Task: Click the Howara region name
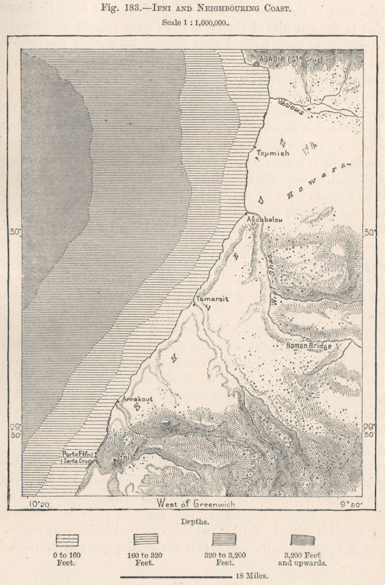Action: pos(316,178)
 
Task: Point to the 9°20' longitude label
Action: pos(347,503)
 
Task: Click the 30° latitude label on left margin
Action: pos(15,232)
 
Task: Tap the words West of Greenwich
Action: pos(193,504)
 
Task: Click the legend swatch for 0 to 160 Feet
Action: pos(67,539)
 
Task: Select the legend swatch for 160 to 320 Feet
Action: pos(145,539)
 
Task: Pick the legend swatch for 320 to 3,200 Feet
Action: pos(224,539)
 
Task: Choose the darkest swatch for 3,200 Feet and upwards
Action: pos(302,539)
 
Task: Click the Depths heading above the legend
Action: pos(193,521)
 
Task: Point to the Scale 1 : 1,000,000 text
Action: pos(192,25)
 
